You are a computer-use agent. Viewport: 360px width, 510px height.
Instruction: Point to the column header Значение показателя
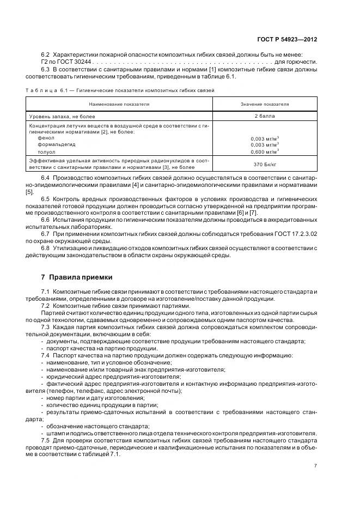click(x=265, y=104)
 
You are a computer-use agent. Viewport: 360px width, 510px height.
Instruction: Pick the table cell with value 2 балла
click(x=265, y=116)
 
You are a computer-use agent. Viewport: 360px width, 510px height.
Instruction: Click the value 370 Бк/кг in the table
click(x=265, y=164)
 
